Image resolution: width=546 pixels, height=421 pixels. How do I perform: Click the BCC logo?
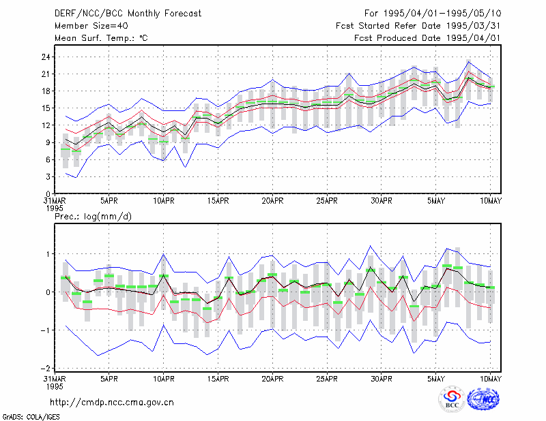(x=452, y=399)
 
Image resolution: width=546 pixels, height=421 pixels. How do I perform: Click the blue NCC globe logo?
(x=483, y=399)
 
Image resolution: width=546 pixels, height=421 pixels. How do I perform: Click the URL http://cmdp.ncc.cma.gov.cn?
(x=112, y=403)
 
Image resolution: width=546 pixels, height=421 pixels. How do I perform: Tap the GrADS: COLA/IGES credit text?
(x=31, y=417)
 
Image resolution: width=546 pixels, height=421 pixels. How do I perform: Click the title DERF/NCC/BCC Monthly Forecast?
(x=128, y=14)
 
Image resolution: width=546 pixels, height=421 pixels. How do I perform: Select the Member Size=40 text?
(x=91, y=26)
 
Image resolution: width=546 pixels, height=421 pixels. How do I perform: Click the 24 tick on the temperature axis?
(x=46, y=57)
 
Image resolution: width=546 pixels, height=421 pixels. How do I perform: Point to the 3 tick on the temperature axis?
(x=48, y=177)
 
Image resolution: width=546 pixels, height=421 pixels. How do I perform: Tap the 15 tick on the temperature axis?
(x=46, y=108)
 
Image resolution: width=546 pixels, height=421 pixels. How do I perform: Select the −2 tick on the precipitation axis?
(x=45, y=368)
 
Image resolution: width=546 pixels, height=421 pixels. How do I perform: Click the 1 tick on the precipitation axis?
(x=48, y=254)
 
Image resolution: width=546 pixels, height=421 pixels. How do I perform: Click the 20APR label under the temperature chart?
(x=272, y=201)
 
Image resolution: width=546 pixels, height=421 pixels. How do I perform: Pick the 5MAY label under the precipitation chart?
(x=436, y=379)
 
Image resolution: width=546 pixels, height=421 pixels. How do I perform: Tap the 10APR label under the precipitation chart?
(x=164, y=379)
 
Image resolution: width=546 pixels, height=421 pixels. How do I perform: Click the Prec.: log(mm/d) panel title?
(x=94, y=217)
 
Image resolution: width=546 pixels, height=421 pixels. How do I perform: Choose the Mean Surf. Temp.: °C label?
(x=101, y=38)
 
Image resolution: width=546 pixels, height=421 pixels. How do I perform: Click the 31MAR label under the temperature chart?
(x=55, y=201)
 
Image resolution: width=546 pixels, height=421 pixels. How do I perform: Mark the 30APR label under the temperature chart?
(x=382, y=201)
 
